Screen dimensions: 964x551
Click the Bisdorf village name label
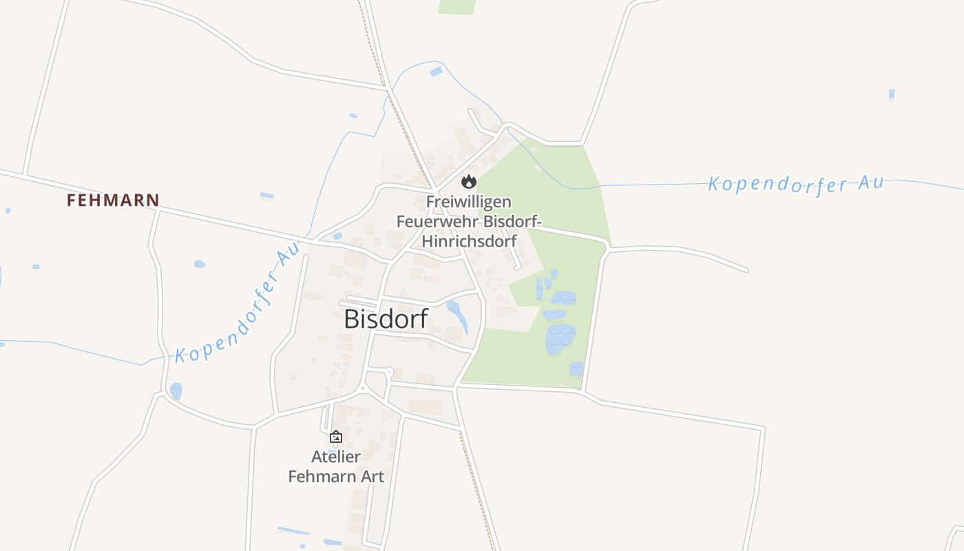(386, 319)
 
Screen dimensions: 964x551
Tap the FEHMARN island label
(113, 200)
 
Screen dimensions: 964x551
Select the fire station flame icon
(469, 181)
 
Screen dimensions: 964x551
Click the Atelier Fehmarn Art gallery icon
(336, 437)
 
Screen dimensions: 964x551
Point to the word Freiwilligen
(469, 202)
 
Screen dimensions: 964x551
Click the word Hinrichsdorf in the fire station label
(469, 241)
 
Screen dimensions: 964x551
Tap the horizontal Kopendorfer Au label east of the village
(795, 184)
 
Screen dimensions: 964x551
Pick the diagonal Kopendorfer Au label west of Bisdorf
(238, 304)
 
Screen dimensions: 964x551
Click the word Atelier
(336, 457)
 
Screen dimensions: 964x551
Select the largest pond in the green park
(560, 338)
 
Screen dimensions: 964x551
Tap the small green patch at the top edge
(457, 6)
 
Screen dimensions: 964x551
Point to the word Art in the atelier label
(370, 476)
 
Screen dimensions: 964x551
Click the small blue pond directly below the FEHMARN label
(200, 264)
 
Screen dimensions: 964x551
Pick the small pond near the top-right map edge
(892, 94)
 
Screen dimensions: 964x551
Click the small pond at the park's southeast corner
(576, 369)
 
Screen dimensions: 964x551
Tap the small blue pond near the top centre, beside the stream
(436, 71)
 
